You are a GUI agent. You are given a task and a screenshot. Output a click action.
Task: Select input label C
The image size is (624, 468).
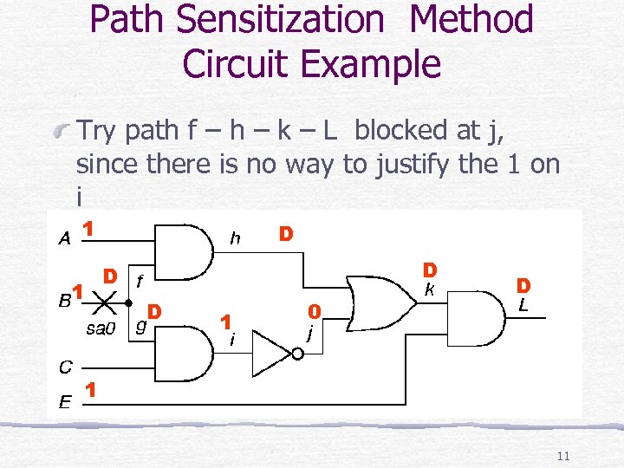[65, 367]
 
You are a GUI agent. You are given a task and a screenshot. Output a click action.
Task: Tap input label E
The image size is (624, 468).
[65, 401]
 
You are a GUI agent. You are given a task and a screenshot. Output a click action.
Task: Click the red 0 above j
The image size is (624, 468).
[315, 311]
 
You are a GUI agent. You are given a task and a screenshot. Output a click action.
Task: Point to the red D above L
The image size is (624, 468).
[523, 285]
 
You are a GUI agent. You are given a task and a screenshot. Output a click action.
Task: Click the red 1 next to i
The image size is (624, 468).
[225, 322]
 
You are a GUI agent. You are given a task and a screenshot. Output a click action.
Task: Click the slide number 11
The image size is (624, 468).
[563, 457]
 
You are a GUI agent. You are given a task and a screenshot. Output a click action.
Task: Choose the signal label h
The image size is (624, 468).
[234, 236]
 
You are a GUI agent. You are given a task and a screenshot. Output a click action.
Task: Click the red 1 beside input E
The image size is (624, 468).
[89, 391]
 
